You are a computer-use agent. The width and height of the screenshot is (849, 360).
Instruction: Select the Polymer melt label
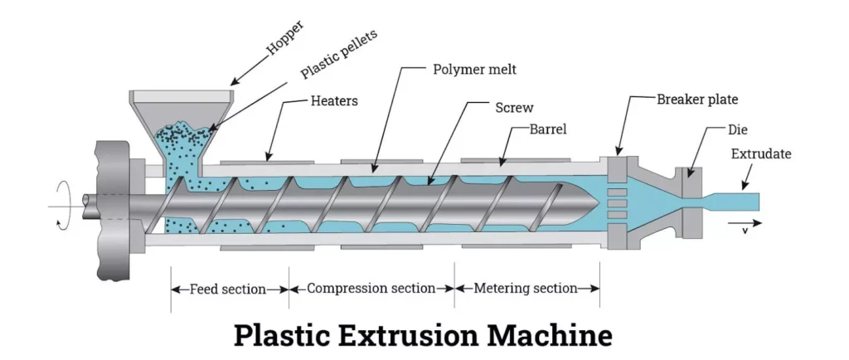click(x=474, y=70)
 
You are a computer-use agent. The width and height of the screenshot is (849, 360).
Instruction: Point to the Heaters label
click(x=335, y=102)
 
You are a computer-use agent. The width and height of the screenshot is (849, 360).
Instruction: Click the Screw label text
click(x=513, y=108)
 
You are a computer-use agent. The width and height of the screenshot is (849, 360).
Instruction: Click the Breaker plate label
click(x=696, y=100)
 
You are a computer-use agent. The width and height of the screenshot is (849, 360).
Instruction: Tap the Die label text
click(x=737, y=130)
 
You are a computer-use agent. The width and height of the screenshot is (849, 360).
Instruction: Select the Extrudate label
click(x=761, y=154)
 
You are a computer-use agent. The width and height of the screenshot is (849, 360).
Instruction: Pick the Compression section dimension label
click(x=371, y=289)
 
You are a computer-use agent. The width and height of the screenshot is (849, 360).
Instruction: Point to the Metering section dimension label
click(x=526, y=289)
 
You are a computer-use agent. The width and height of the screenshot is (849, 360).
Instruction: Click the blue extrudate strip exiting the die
click(x=733, y=200)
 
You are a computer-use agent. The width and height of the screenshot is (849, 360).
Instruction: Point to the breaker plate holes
click(x=617, y=200)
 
